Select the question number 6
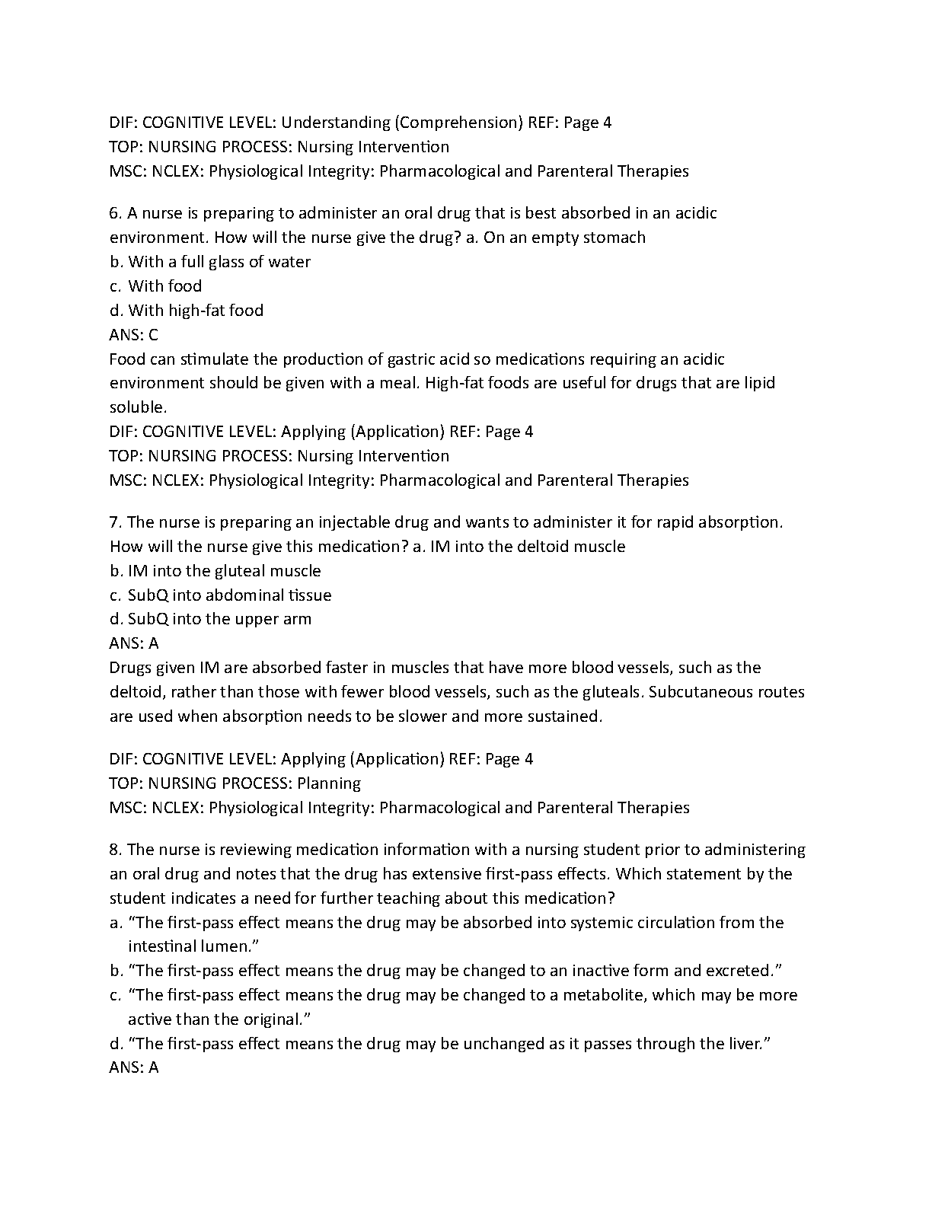[x=115, y=213]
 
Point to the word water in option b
[x=289, y=262]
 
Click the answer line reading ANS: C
[x=134, y=335]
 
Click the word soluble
[x=138, y=407]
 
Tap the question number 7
[x=115, y=522]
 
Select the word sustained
[x=563, y=716]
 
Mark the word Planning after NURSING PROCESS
[x=329, y=783]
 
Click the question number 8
[x=115, y=850]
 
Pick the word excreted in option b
[x=744, y=971]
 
